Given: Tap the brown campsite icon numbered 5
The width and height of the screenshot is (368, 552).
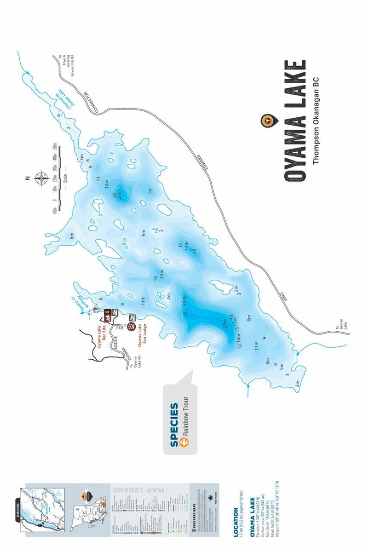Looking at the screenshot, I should (107, 314).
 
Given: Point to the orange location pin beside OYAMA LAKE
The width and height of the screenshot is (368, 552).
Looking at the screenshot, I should (268, 121).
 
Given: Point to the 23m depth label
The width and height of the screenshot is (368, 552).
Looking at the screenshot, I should (225, 323).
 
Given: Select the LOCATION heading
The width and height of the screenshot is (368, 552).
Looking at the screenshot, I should (236, 522).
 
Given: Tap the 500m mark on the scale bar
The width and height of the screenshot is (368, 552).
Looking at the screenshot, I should (55, 147).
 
